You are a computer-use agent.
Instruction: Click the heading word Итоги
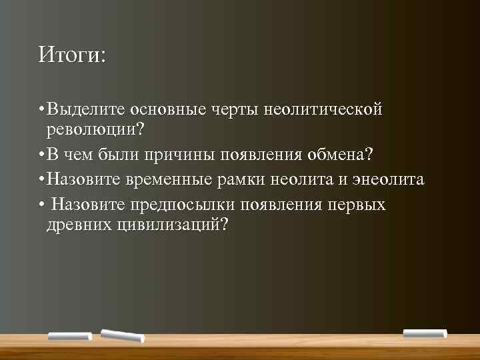click(x=71, y=54)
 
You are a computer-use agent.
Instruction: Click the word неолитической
click(x=324, y=108)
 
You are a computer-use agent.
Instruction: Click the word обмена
click(x=341, y=155)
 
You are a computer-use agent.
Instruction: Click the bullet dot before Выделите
click(x=41, y=109)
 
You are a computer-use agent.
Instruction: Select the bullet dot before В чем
click(x=41, y=156)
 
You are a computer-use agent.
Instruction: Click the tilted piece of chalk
click(x=122, y=335)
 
